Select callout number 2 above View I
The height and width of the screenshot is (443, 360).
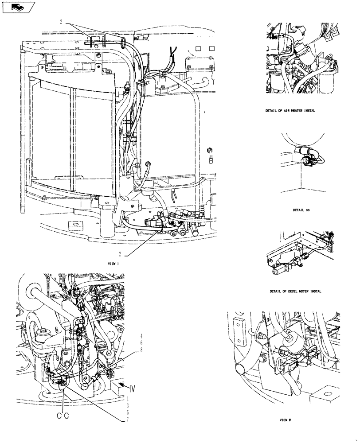point(62,21)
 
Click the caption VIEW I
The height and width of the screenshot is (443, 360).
point(114,263)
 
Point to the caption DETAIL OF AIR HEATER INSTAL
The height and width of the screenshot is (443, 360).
point(290,111)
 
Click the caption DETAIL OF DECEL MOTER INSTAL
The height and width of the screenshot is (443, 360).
point(295,291)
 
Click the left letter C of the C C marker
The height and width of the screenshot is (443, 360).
point(59,416)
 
